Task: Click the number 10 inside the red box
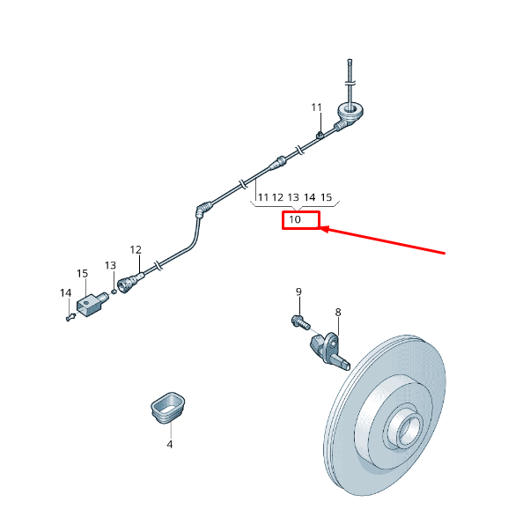[295, 219]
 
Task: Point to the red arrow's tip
[320, 228]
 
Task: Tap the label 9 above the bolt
[298, 292]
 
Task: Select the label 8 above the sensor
[338, 312]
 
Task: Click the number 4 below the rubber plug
[169, 445]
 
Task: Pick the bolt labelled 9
[300, 322]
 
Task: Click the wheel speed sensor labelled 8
[329, 351]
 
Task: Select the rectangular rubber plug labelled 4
[168, 408]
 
